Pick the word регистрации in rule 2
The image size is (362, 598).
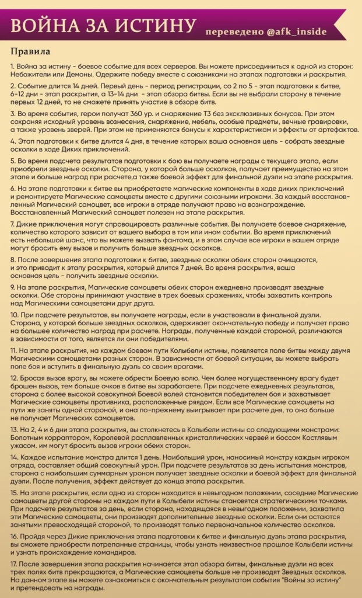point(216,85)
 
